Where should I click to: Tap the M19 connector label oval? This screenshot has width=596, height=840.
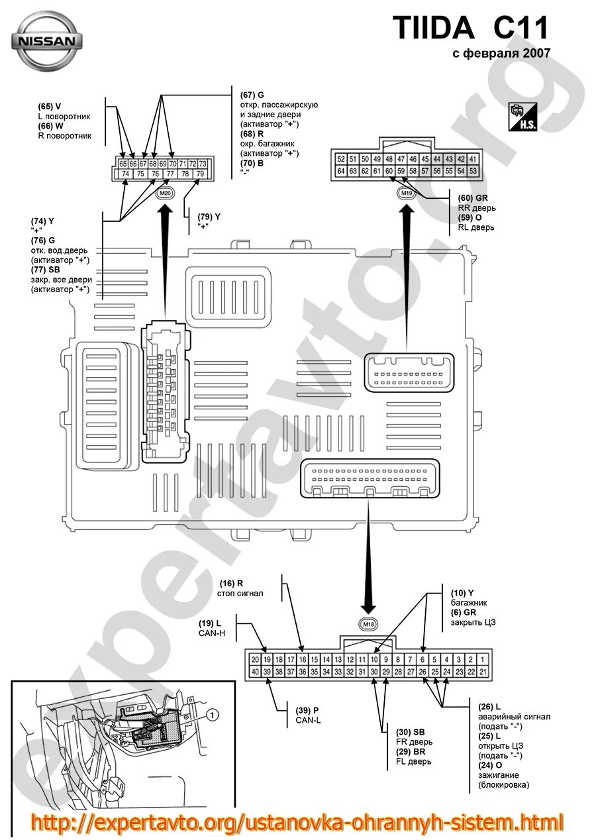(406, 193)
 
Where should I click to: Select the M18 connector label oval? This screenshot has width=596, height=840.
(368, 624)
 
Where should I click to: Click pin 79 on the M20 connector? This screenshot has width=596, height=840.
(200, 174)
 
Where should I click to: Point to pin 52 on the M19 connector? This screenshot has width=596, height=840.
(341, 159)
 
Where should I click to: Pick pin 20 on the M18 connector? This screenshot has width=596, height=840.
(255, 660)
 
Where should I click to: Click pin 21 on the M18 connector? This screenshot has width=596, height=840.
(483, 672)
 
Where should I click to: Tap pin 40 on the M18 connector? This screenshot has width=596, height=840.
(255, 672)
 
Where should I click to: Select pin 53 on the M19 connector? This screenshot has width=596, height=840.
(472, 171)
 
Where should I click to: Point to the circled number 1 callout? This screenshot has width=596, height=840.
(212, 715)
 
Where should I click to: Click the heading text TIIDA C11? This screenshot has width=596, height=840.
(471, 28)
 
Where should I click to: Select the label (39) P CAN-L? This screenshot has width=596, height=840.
(308, 715)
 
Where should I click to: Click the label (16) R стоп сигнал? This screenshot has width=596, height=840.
(241, 588)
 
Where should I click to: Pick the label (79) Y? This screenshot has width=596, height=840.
(209, 221)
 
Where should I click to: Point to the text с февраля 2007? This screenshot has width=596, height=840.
(501, 54)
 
